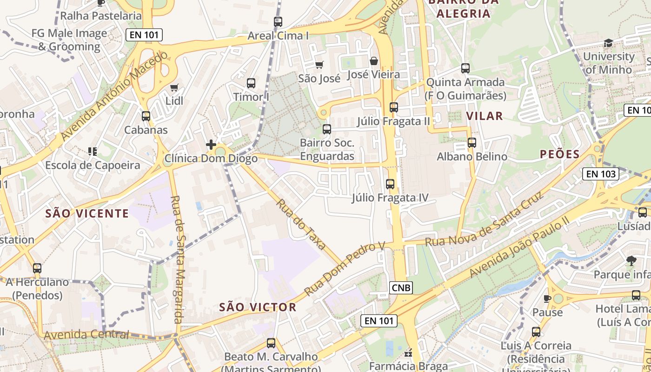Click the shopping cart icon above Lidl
(x=174, y=87)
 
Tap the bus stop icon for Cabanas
(x=146, y=116)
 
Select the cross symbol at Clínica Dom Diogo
(x=211, y=145)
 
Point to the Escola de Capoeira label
(x=93, y=165)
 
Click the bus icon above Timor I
(x=251, y=83)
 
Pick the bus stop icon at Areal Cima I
(x=278, y=22)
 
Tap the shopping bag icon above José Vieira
(x=373, y=61)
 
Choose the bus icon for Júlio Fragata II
(x=394, y=107)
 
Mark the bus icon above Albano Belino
(x=472, y=143)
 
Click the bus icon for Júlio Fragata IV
(x=390, y=184)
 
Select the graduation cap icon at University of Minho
(x=608, y=43)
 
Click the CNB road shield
(x=401, y=288)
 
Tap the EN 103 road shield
(x=601, y=174)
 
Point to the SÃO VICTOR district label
(x=258, y=307)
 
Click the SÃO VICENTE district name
(x=87, y=213)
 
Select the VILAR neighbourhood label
(x=484, y=116)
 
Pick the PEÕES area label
(x=559, y=154)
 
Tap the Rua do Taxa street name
(x=301, y=224)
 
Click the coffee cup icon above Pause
(x=547, y=299)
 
